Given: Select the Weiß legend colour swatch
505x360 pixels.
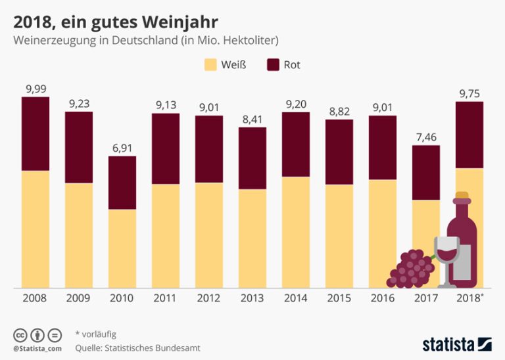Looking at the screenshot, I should (210, 64).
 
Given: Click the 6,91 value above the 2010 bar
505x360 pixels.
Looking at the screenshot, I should (122, 148).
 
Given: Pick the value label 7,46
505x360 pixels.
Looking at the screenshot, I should (426, 138).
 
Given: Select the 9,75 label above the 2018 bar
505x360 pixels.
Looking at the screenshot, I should (469, 93).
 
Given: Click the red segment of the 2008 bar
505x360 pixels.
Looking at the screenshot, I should (36, 133).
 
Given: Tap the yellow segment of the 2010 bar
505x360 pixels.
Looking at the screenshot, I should (122, 248).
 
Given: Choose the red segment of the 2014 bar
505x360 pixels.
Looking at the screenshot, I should (296, 144).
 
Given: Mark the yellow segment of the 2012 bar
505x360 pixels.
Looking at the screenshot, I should (209, 235).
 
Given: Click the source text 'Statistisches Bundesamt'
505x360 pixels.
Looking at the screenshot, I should (156, 348).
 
